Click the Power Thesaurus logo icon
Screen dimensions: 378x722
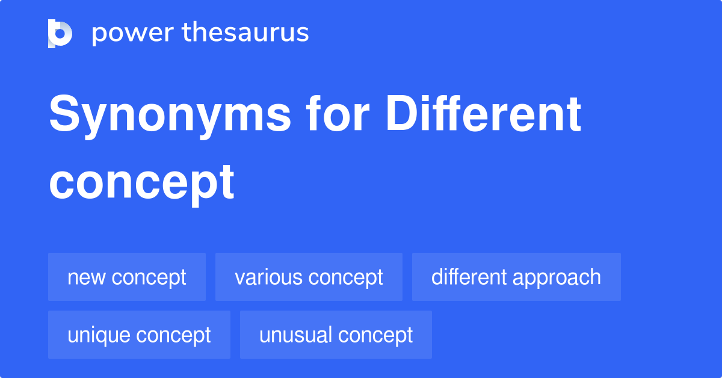[60, 33]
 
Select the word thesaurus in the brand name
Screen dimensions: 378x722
[245, 33]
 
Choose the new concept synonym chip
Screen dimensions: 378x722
[127, 277]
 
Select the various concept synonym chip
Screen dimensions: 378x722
[309, 277]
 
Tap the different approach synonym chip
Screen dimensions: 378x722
[516, 277]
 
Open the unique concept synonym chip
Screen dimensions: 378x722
[139, 335]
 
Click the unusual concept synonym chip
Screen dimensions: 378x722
[336, 335]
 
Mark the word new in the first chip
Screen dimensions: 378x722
[87, 277]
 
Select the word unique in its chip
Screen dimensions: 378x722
[99, 335]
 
